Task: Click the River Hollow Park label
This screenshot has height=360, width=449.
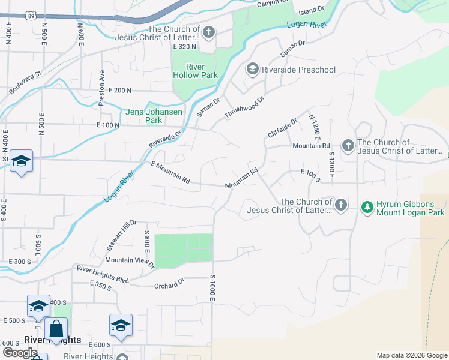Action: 195,71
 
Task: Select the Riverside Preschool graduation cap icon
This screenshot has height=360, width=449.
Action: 252,70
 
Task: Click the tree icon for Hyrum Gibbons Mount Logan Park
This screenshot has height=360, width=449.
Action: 367,208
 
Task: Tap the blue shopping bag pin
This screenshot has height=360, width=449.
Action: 56,329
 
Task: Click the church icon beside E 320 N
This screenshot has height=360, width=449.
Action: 208,32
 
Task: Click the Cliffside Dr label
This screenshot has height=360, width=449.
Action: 283,128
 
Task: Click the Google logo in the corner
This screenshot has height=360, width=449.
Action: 20,353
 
